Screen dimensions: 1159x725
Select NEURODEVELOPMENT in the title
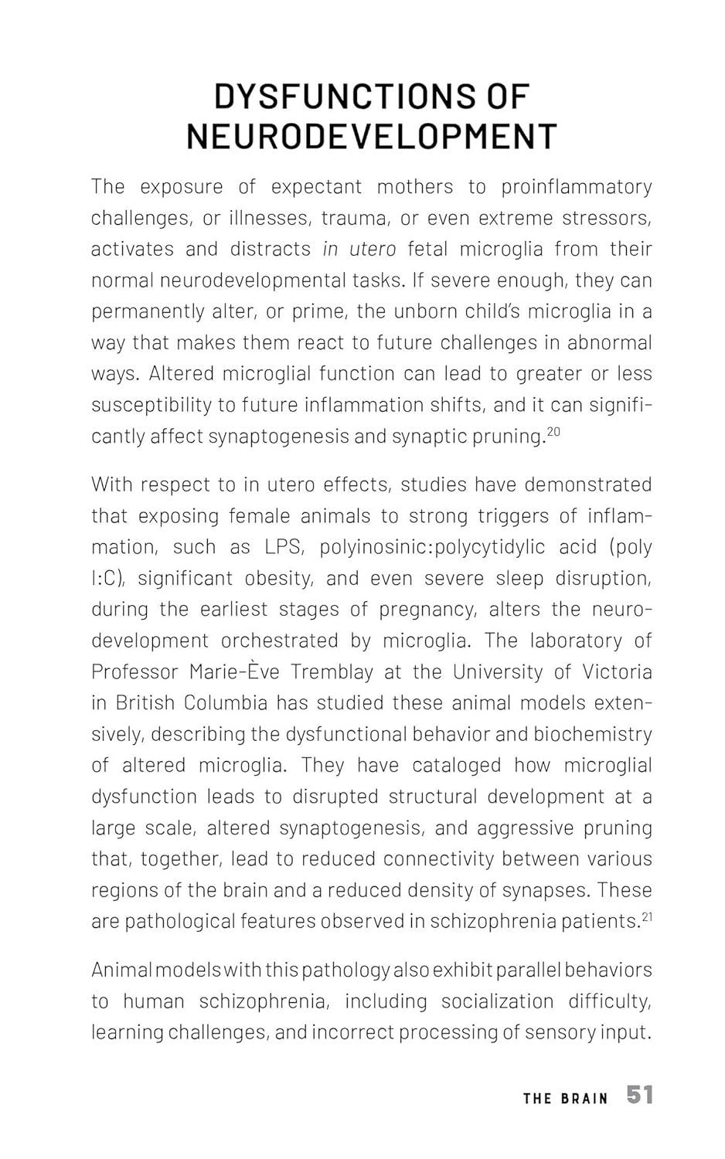pos(371,137)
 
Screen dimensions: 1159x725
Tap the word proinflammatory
pos(576,187)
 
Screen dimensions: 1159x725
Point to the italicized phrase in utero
pos(359,249)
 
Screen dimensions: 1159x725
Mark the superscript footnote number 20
pos(553,432)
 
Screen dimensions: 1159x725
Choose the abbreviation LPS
pos(282,547)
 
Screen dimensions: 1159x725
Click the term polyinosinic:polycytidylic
pos(432,547)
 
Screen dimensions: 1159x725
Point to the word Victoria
pos(617,671)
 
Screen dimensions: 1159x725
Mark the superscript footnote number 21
pos(648,917)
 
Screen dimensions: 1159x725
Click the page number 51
pos(640,1095)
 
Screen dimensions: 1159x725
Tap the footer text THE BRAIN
pos(566,1098)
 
